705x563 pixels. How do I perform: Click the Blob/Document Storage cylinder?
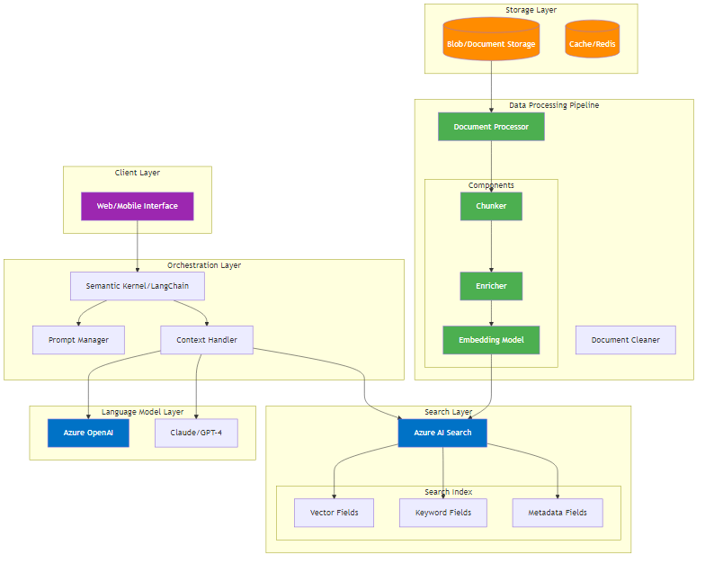pos(491,42)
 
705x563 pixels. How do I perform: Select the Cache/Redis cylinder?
pos(593,42)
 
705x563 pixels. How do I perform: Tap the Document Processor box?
pos(491,127)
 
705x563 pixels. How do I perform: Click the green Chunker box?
pos(491,206)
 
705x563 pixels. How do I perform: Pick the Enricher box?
pos(491,286)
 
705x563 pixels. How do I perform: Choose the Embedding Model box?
pos(491,340)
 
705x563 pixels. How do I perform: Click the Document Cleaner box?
pos(625,340)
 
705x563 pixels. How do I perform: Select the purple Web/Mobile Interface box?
pos(138,206)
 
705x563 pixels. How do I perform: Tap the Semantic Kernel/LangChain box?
pos(138,286)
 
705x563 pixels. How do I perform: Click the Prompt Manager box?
pos(78,340)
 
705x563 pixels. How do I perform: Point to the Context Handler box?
pos(207,340)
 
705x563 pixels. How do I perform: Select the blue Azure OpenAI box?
pos(88,433)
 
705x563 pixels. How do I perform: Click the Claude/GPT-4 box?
pos(196,433)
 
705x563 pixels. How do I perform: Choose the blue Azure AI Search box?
pos(442,433)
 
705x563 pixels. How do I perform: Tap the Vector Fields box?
pos(334,513)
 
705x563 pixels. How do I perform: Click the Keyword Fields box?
pos(442,513)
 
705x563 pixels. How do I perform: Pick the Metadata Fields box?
pos(558,513)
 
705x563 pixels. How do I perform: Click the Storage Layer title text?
pos(531,10)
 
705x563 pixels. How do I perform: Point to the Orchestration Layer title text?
pos(204,265)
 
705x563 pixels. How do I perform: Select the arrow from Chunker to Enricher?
pos(491,246)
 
